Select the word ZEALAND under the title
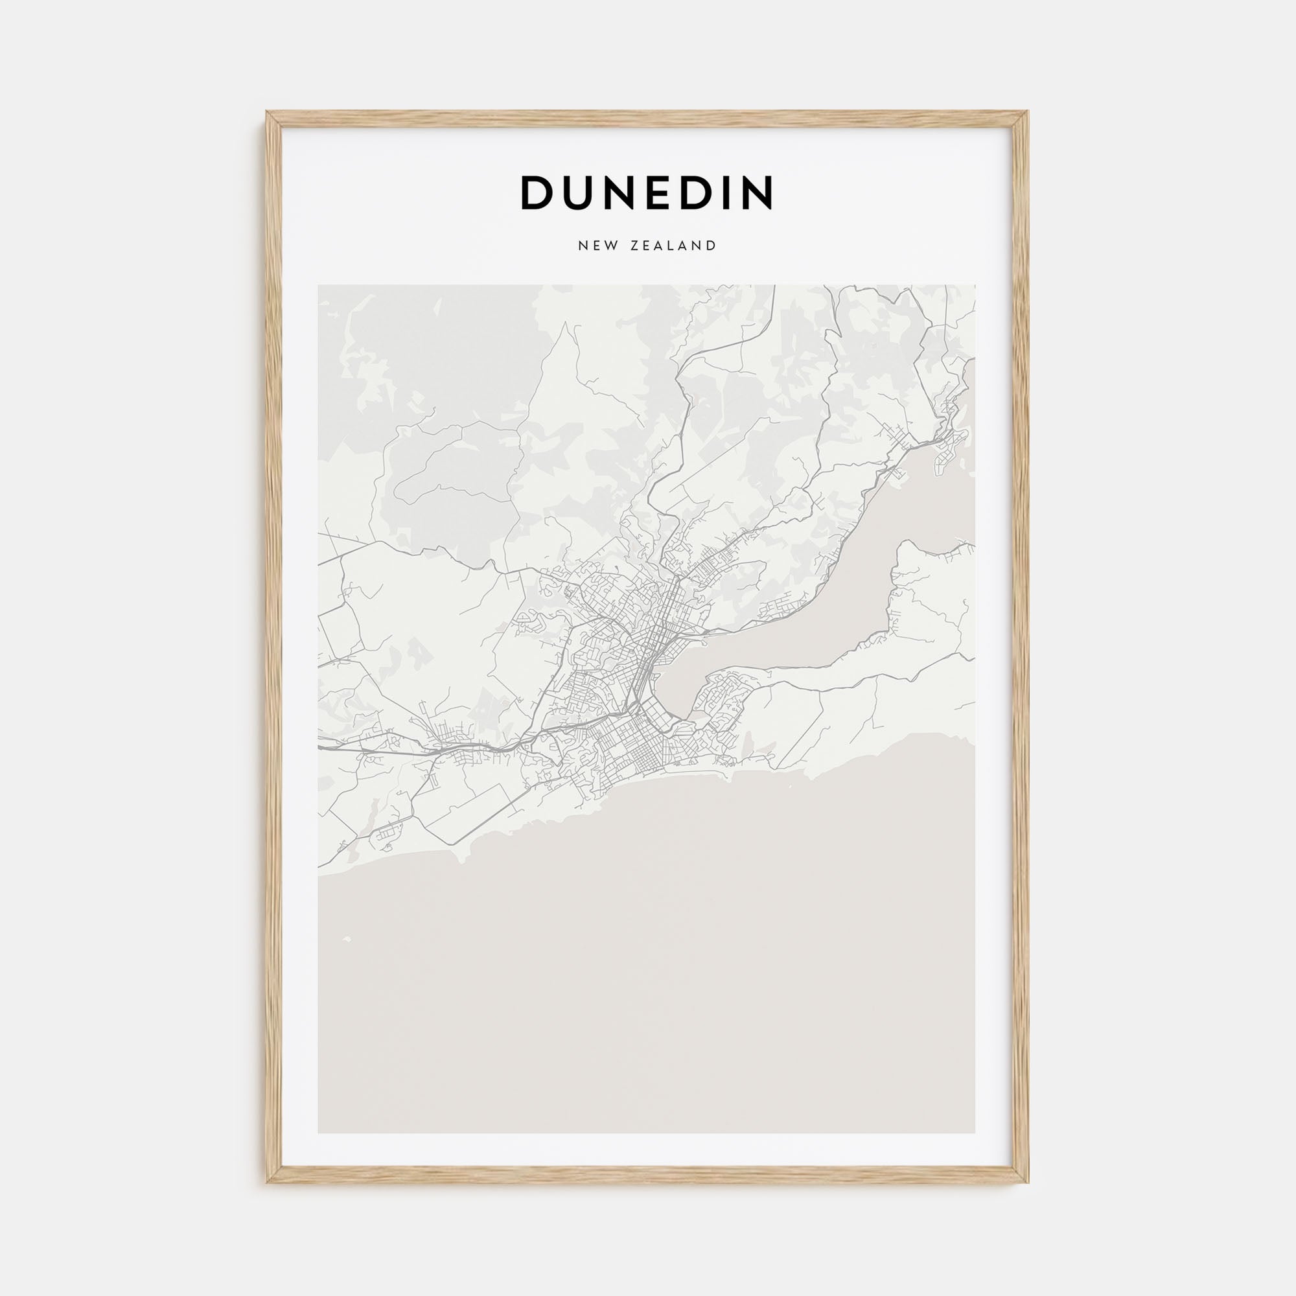673,246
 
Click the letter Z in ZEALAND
634,246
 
